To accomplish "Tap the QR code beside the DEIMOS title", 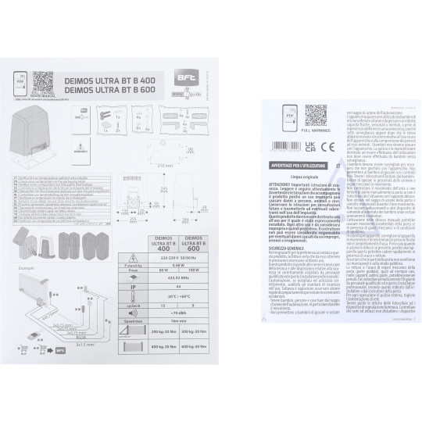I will click(x=42, y=81).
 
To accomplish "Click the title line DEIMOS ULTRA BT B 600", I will click(x=117, y=91).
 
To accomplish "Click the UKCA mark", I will click(x=309, y=145).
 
